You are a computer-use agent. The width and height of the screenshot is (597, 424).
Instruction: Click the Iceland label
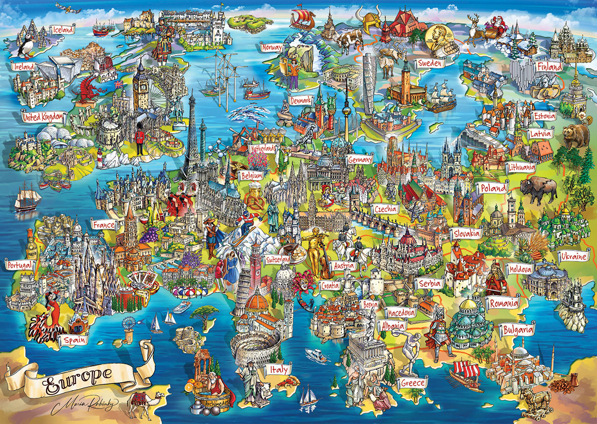pos(62,29)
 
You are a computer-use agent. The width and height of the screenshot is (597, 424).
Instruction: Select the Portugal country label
pos(19,265)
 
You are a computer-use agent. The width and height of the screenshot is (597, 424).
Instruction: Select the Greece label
pos(412,382)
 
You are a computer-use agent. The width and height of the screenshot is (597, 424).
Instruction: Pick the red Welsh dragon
pos(90,89)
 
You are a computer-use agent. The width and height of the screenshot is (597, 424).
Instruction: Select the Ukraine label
pos(573,257)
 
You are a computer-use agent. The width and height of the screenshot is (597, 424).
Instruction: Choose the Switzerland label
pos(278,260)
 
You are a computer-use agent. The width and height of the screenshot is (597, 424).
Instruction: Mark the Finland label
pos(549,67)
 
